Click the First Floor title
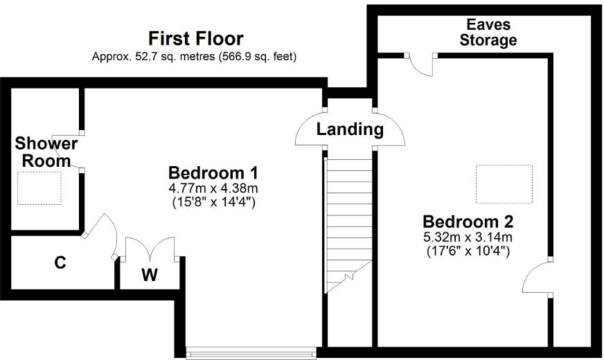coord(196,38)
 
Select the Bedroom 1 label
coord(213,172)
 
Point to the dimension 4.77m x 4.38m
coord(213,188)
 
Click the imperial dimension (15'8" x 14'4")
coord(213,203)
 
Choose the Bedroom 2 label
coord(468,222)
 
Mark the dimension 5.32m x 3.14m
coord(468,237)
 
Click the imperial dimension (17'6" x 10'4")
coord(468,252)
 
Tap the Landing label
coord(350,129)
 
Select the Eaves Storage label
coord(488,33)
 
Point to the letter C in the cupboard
coord(60,263)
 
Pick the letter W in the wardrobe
coord(150,275)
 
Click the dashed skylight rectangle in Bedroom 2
coord(504,183)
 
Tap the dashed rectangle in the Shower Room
coord(39,188)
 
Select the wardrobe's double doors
coord(150,248)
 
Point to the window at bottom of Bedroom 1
coord(251,350)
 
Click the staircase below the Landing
coord(349,222)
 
